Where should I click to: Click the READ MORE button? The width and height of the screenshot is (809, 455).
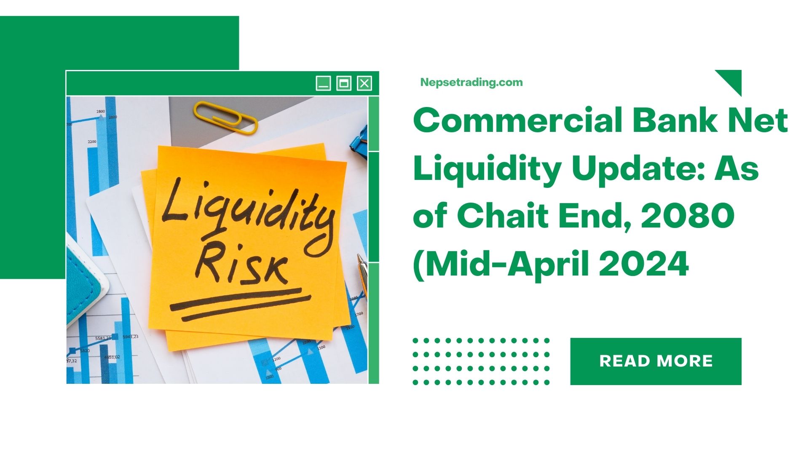tap(656, 361)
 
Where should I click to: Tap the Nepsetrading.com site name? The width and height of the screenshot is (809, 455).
tap(471, 83)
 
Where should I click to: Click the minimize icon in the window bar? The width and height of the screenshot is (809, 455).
tap(323, 83)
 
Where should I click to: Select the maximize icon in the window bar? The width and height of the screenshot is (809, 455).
tap(344, 83)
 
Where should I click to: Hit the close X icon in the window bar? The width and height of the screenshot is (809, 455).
tap(364, 83)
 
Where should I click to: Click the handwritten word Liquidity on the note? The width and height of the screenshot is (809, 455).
tap(246, 215)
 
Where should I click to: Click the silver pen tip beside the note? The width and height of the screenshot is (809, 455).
tap(362, 270)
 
